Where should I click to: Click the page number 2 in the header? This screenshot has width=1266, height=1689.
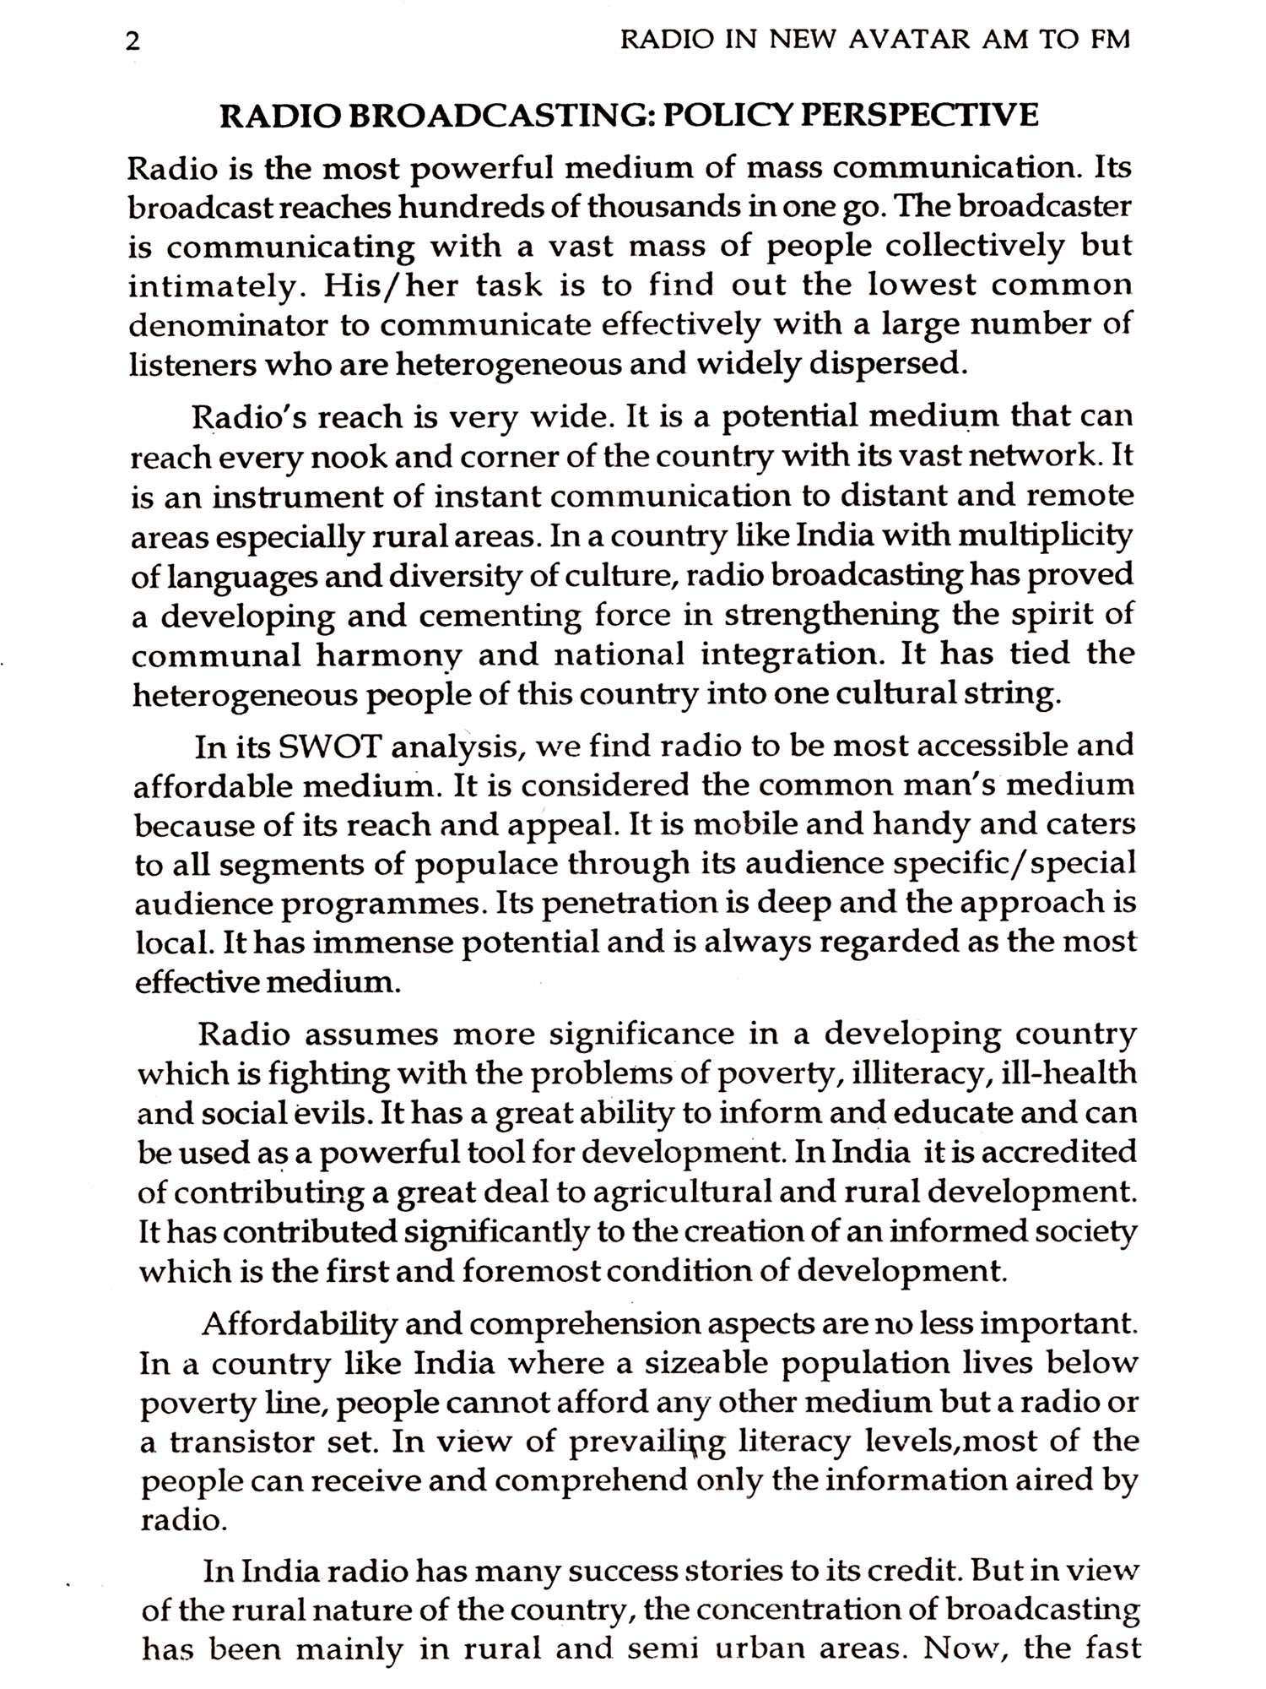tap(130, 42)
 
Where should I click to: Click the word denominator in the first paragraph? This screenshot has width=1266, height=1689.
tap(228, 325)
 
